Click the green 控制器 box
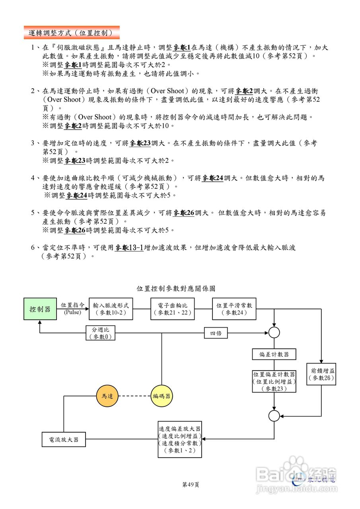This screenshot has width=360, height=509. tap(40, 309)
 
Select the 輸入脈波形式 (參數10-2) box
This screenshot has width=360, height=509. tap(111, 309)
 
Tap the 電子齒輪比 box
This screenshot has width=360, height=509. tap(172, 309)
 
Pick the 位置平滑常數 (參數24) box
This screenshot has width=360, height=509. tap(234, 309)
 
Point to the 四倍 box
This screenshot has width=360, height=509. tap(216, 333)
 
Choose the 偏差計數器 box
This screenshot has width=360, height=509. tap(274, 354)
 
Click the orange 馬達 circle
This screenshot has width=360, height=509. tap(107, 396)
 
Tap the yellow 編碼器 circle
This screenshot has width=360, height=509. tap(162, 396)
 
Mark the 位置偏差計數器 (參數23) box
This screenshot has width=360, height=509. tap(274, 381)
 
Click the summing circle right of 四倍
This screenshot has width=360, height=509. tap(274, 333)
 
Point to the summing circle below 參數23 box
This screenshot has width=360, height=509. tap(274, 416)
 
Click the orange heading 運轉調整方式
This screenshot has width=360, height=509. tap(72, 32)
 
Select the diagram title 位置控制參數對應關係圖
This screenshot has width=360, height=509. tap(176, 288)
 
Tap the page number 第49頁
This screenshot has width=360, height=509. tap(190, 484)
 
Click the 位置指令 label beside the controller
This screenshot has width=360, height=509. tap(72, 305)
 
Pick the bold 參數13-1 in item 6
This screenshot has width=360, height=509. tap(129, 248)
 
